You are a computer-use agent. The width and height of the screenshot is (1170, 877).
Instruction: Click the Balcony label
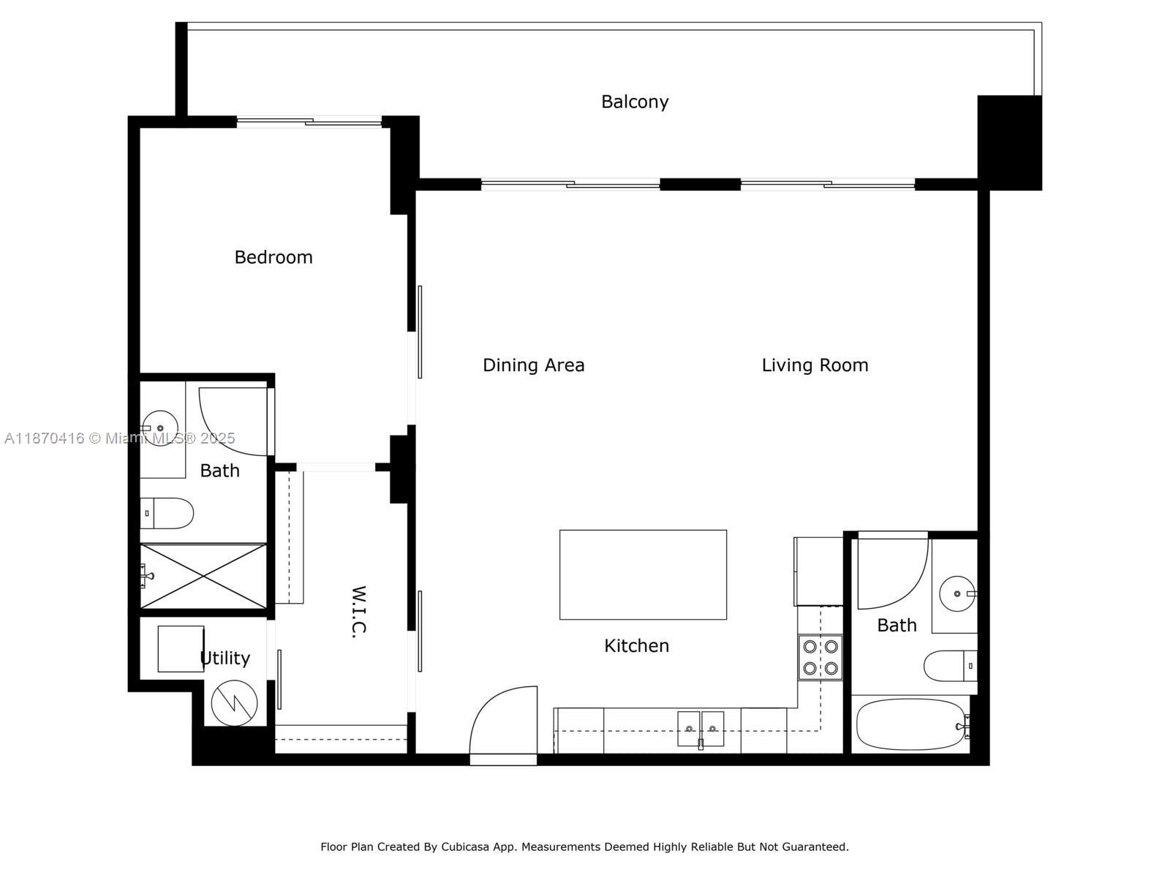(634, 102)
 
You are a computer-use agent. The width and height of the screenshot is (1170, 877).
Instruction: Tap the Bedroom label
(273, 257)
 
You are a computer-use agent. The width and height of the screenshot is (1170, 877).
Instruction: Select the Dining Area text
(534, 365)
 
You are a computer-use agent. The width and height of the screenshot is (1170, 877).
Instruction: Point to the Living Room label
(815, 365)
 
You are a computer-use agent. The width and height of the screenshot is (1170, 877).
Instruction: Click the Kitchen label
(636, 646)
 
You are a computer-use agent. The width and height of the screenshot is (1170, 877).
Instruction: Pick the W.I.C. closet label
(359, 612)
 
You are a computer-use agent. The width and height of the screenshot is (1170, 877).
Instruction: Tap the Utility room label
(225, 658)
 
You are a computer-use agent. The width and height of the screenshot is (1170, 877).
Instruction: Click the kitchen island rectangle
(643, 574)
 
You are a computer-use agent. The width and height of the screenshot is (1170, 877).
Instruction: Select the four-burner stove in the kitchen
(820, 658)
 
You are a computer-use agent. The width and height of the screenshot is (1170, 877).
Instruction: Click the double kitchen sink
(701, 729)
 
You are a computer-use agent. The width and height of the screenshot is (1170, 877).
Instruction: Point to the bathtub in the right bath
(911, 725)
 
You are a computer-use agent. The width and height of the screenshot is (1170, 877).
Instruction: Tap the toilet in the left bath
(167, 513)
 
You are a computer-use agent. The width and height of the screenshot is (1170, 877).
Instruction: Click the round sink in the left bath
(160, 428)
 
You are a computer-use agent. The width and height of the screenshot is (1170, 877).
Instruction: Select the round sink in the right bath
(957, 593)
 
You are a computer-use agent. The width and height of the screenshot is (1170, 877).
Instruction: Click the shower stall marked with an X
(203, 576)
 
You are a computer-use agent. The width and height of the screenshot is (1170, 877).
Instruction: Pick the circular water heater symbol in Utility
(235, 703)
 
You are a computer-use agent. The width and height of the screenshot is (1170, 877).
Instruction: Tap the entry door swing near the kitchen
(503, 720)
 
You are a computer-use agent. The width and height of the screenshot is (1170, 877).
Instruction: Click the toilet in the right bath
(951, 666)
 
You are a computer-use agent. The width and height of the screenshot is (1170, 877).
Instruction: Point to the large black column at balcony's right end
(1010, 143)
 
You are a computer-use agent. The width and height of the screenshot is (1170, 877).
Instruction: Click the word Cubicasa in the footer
(465, 846)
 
